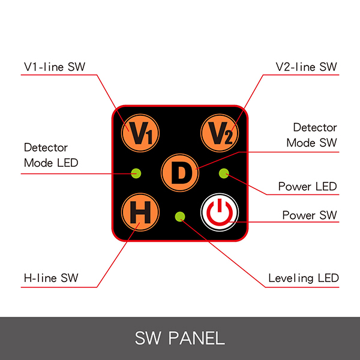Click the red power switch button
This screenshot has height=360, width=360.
[220, 212]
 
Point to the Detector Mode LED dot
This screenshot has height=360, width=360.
[136, 174]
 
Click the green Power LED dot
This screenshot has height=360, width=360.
[224, 174]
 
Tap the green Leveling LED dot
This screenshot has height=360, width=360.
[179, 216]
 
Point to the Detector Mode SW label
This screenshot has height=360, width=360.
[311, 135]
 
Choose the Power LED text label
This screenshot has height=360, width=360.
[307, 187]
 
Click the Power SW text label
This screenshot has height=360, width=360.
[309, 215]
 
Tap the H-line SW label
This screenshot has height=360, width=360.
[51, 278]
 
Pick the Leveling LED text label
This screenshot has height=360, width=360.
[303, 278]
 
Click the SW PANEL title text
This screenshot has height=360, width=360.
[180, 338]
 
